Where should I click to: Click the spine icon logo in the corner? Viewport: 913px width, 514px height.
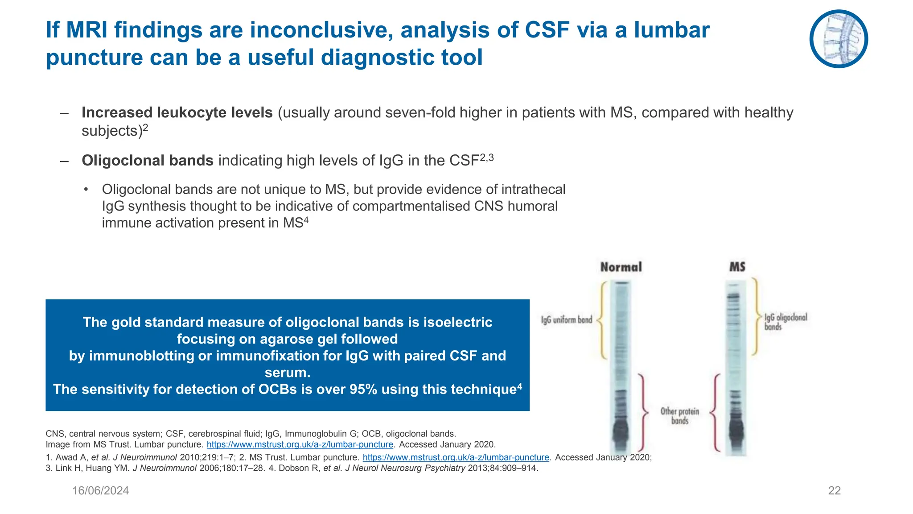pos(839,39)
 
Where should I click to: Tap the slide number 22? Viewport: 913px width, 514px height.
pos(834,490)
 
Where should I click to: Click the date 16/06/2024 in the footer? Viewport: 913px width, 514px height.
pos(100,490)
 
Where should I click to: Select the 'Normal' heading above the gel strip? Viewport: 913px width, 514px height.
pos(621,267)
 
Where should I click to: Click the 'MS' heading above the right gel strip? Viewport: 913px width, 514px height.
pos(737,267)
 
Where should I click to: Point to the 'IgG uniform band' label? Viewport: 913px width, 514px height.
pos(566,320)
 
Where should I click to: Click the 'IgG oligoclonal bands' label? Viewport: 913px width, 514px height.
pos(785,322)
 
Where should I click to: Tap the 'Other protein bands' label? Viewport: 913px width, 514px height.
pos(679,415)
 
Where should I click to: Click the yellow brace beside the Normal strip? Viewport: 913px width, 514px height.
pos(602,320)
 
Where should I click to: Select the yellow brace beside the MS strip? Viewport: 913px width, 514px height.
pos(756,317)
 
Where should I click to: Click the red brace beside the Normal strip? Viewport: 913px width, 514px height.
pos(643,413)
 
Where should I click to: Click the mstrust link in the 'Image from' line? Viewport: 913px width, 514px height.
pos(300,444)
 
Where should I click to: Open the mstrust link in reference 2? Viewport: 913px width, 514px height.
pos(456,457)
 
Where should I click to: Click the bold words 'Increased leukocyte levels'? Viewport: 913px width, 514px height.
pos(177,112)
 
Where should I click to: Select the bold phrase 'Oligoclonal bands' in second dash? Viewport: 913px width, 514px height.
pos(148,160)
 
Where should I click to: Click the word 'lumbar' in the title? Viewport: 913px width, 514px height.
pos(671,30)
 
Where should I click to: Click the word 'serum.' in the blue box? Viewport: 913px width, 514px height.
pos(287,372)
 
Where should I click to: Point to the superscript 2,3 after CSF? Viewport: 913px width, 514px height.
pos(487,157)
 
